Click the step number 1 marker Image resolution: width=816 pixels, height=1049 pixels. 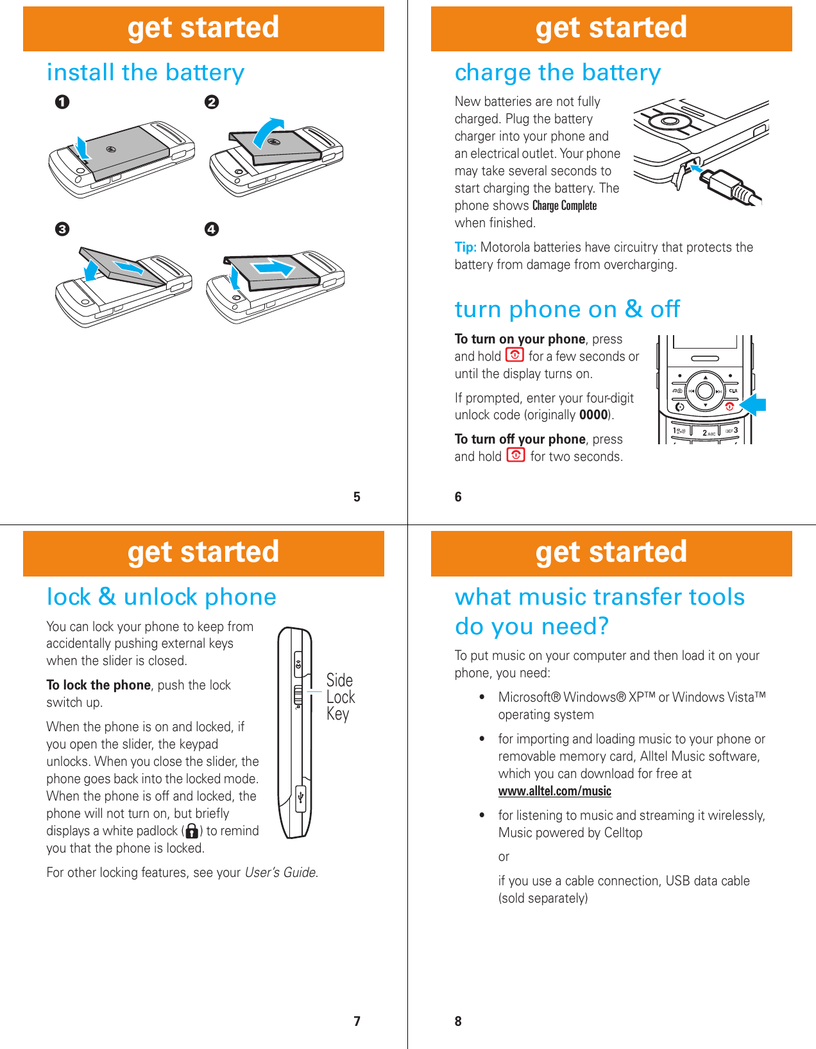click(62, 102)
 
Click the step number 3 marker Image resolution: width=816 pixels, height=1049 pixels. click(62, 229)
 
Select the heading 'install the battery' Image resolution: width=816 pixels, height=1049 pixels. click(146, 73)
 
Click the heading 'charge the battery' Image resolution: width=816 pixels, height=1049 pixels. click(557, 73)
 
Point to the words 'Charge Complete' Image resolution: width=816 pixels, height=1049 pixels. click(564, 205)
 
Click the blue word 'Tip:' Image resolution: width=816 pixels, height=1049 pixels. click(465, 247)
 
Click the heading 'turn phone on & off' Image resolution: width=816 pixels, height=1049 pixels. click(567, 309)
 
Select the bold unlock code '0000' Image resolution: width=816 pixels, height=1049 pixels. click(593, 415)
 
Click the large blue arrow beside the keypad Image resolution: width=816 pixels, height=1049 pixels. click(753, 404)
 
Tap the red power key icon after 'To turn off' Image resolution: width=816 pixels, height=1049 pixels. click(516, 455)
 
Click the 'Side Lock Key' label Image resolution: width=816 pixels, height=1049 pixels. click(340, 697)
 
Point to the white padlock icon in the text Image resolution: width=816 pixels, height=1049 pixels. click(192, 831)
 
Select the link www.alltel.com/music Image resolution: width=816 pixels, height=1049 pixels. click(554, 791)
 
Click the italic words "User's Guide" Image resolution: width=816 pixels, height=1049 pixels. click(281, 872)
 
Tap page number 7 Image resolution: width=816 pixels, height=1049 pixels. click(357, 1021)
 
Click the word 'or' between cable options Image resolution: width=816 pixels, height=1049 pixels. click(504, 856)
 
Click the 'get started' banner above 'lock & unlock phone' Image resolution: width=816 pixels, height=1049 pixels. click(203, 553)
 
